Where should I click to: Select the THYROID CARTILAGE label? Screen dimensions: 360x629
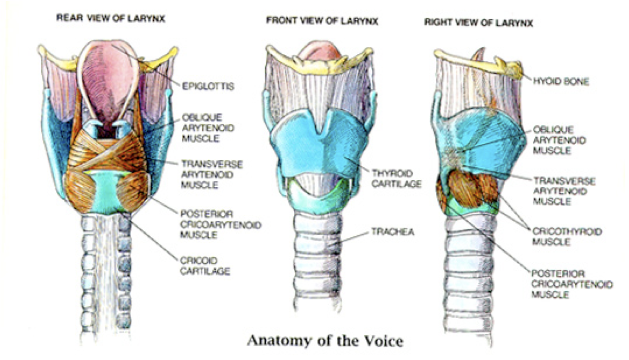pos(396,177)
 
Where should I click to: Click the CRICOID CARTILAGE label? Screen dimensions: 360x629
pos(205,266)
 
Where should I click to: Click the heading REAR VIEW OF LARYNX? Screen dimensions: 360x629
pos(111,19)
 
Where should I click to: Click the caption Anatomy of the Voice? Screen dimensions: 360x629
pos(325,341)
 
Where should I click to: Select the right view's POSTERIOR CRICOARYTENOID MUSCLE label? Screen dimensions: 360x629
pos(572,284)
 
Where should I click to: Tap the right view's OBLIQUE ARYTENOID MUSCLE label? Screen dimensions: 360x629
pos(559,139)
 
